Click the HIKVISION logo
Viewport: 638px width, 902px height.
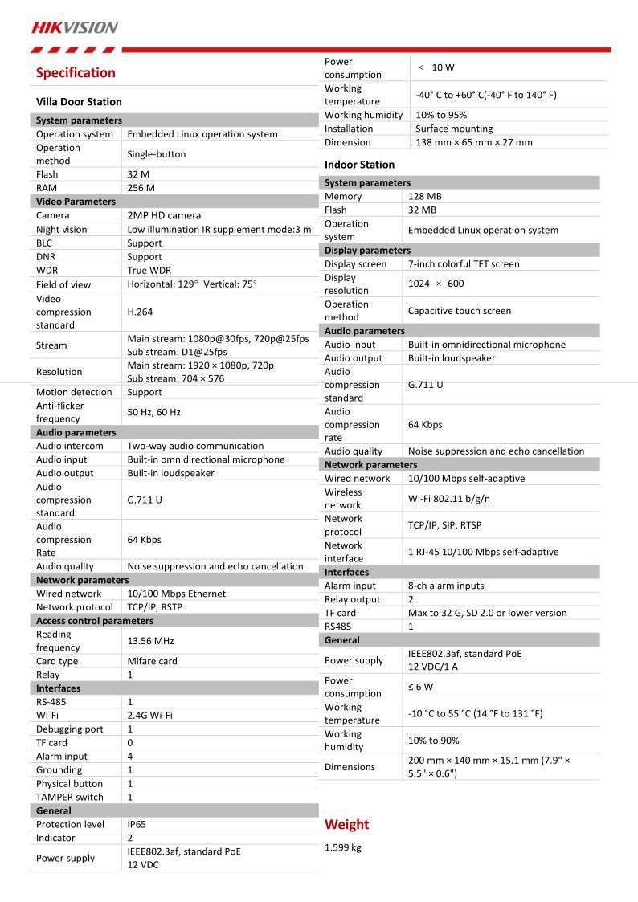(x=75, y=27)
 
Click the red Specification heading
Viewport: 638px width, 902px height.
(x=76, y=73)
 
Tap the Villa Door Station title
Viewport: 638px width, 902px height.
(x=79, y=102)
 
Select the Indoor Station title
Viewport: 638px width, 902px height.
(x=359, y=165)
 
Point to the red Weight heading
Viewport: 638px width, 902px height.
(x=346, y=824)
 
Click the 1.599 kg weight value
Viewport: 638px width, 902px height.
(x=343, y=847)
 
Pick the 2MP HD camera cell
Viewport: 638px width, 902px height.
(x=164, y=215)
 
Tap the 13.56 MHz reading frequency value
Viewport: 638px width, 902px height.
(x=150, y=641)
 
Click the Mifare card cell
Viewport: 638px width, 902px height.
(x=152, y=661)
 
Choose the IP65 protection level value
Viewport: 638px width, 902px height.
(x=137, y=824)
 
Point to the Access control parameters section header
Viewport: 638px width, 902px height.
(x=95, y=621)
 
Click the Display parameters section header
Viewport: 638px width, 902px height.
(x=367, y=251)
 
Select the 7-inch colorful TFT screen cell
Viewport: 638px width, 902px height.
(x=464, y=264)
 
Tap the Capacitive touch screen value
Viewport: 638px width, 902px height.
(x=459, y=311)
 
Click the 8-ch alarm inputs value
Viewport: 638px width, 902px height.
(x=446, y=586)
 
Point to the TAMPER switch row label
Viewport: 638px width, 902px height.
(x=70, y=798)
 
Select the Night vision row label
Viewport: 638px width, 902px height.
(x=62, y=230)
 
